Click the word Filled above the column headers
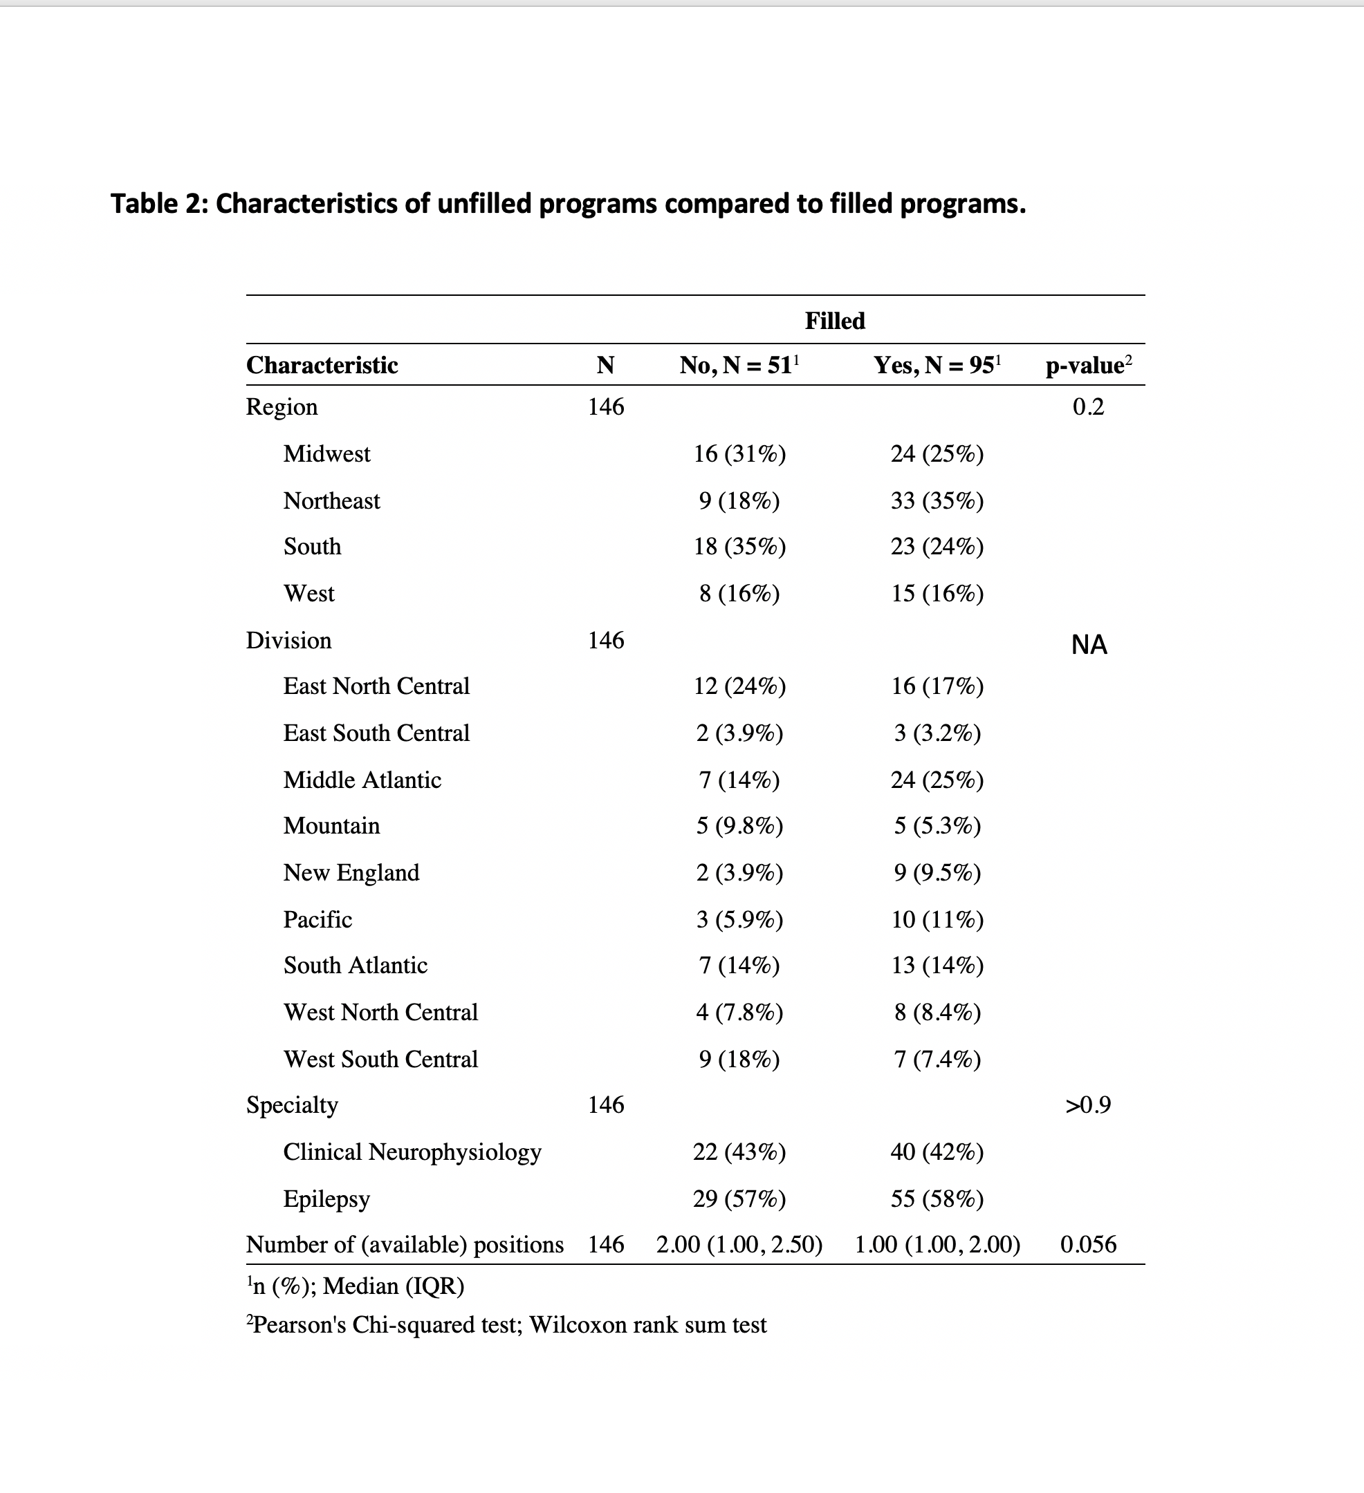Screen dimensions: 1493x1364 point(835,321)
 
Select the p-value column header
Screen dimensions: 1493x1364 point(1087,365)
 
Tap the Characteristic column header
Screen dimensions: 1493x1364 point(322,365)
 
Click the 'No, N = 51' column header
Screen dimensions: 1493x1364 point(739,365)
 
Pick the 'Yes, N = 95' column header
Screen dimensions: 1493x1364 point(937,365)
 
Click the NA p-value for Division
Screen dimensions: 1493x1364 point(1089,645)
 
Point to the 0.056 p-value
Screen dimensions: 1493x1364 point(1087,1244)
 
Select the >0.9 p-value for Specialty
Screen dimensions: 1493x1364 point(1087,1105)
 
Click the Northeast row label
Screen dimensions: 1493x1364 point(331,501)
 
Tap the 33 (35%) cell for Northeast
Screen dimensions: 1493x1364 point(937,501)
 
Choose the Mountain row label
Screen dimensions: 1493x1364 point(331,826)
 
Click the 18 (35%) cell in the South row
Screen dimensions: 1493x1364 point(739,547)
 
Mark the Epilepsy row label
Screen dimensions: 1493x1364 point(326,1199)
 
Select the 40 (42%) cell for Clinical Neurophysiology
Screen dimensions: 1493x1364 point(937,1152)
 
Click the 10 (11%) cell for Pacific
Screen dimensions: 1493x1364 point(937,919)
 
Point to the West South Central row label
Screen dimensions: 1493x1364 point(380,1059)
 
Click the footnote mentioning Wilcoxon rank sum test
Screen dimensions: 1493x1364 point(507,1325)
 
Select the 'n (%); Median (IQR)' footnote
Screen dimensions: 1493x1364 point(356,1286)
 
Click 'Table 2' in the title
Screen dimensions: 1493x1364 point(157,204)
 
